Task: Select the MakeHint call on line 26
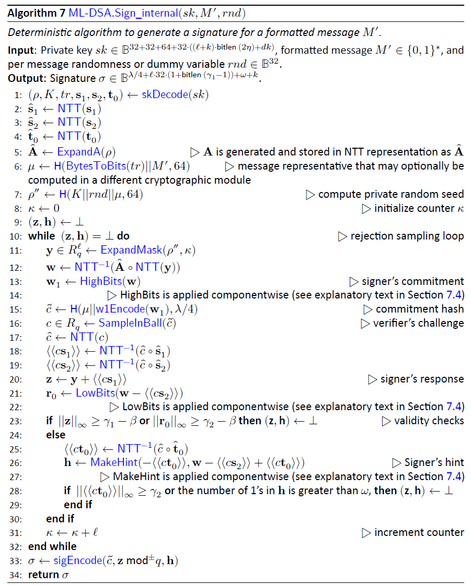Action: pyautogui.click(x=112, y=462)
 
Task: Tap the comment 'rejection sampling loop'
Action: pyautogui.click(x=407, y=236)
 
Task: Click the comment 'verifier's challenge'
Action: pyautogui.click(x=418, y=323)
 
